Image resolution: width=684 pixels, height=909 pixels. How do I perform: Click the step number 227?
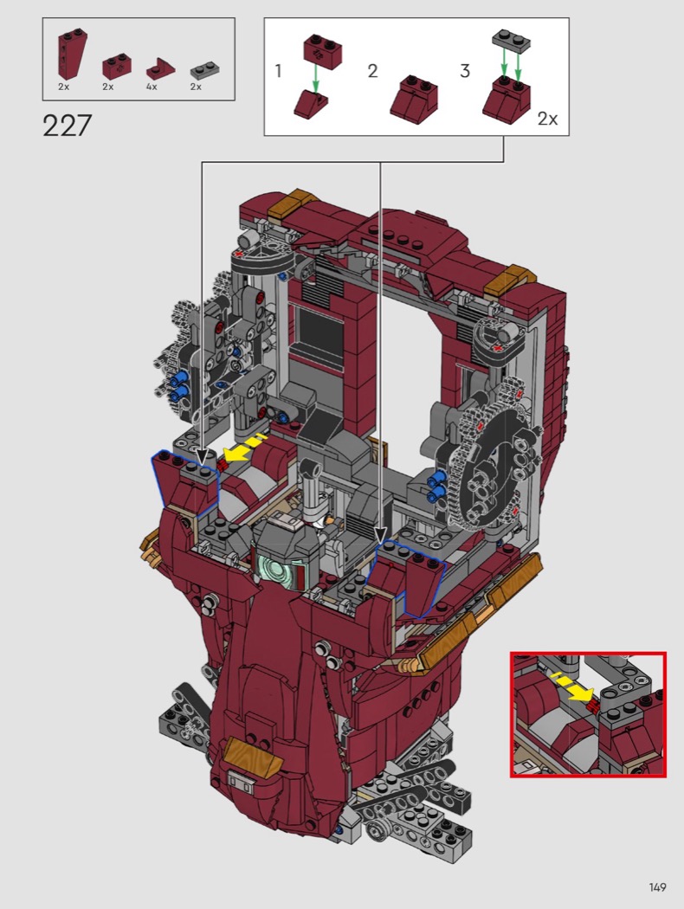point(68,126)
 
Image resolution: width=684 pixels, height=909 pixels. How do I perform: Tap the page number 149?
point(657,887)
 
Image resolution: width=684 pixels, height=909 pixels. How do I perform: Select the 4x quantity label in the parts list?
point(152,87)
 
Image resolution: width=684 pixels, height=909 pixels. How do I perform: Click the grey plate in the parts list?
point(204,71)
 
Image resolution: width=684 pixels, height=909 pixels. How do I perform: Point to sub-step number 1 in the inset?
point(278,71)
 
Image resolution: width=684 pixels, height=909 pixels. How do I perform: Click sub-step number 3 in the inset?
point(465,71)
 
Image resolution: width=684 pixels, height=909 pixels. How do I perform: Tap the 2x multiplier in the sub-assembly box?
point(547,119)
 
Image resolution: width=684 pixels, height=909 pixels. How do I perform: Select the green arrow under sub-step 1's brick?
point(316,78)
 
